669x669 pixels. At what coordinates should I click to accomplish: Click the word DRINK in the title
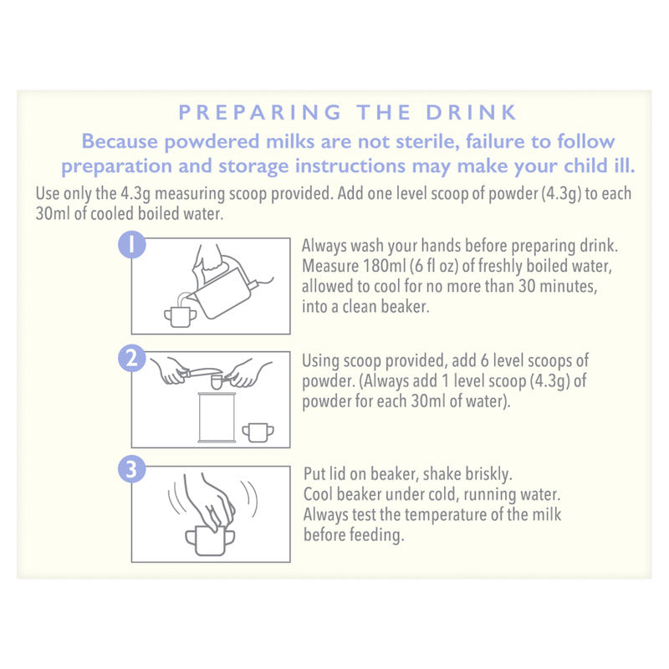point(471,112)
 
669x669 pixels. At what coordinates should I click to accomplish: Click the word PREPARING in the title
point(260,112)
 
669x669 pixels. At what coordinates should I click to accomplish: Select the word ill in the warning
point(625,166)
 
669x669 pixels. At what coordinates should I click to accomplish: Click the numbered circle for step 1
point(132,244)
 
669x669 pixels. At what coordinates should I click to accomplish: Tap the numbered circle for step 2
point(132,358)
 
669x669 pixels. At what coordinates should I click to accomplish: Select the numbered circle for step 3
point(132,469)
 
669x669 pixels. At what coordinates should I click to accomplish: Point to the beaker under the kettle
point(180,317)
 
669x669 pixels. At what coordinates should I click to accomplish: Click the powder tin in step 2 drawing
point(217,417)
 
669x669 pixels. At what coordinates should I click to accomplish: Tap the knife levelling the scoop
point(201,372)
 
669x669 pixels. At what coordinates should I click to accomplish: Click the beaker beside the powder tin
point(258,432)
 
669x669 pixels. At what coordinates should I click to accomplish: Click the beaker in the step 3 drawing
point(210,541)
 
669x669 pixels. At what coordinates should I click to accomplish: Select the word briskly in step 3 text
point(488,474)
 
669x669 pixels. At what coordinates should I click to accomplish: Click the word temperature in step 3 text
point(445,514)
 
